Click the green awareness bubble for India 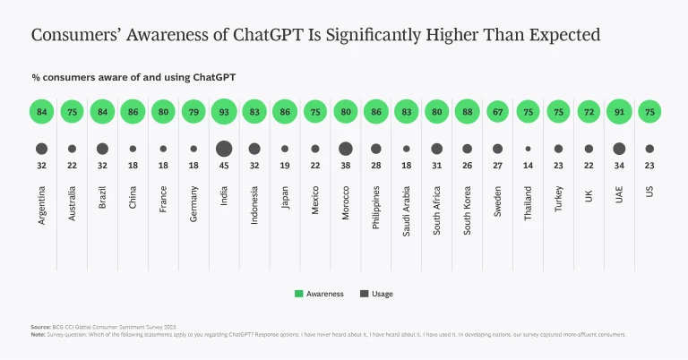(x=224, y=112)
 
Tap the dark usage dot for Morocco (x=346, y=149)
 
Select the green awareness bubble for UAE (x=619, y=112)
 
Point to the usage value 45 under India (x=224, y=166)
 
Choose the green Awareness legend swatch (x=299, y=294)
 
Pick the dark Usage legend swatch (x=364, y=294)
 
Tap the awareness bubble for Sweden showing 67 (x=497, y=112)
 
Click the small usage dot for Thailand (x=528, y=149)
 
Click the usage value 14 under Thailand (x=528, y=166)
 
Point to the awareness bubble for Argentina (x=41, y=112)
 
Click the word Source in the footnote (x=40, y=328)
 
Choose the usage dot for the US (x=649, y=149)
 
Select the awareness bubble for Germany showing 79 (x=193, y=112)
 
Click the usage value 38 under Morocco (x=346, y=166)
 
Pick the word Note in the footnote (x=39, y=335)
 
